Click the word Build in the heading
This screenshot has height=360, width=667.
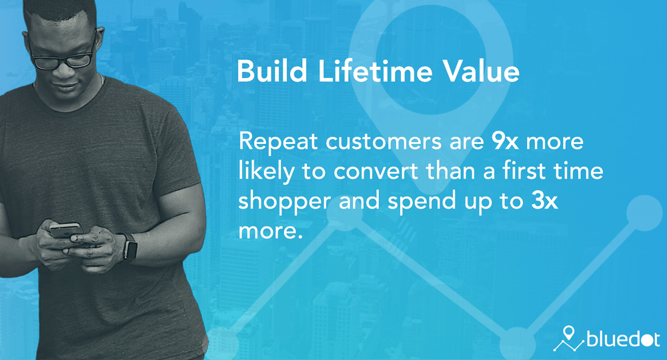(x=272, y=71)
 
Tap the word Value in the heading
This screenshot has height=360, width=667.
(x=482, y=71)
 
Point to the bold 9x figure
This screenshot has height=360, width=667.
(x=505, y=141)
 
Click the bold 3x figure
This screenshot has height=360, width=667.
(x=544, y=201)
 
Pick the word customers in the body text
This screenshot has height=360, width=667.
(x=384, y=141)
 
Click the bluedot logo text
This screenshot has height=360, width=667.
(x=623, y=339)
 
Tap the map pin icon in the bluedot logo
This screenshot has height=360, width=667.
(x=568, y=333)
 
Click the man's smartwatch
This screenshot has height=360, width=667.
(x=129, y=247)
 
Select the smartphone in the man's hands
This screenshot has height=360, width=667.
(x=66, y=231)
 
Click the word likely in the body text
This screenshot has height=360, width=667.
(x=266, y=171)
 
